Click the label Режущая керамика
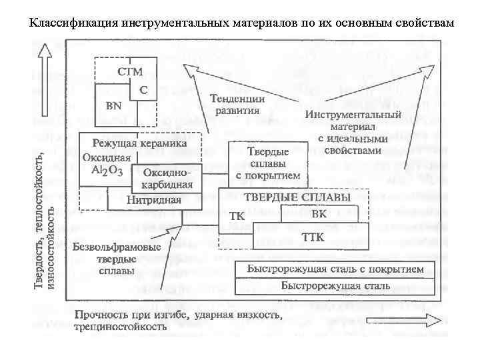(x=139, y=143)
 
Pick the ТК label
(x=237, y=217)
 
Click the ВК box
(x=319, y=214)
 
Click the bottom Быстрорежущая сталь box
(x=335, y=286)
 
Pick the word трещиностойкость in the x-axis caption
(x=120, y=327)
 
